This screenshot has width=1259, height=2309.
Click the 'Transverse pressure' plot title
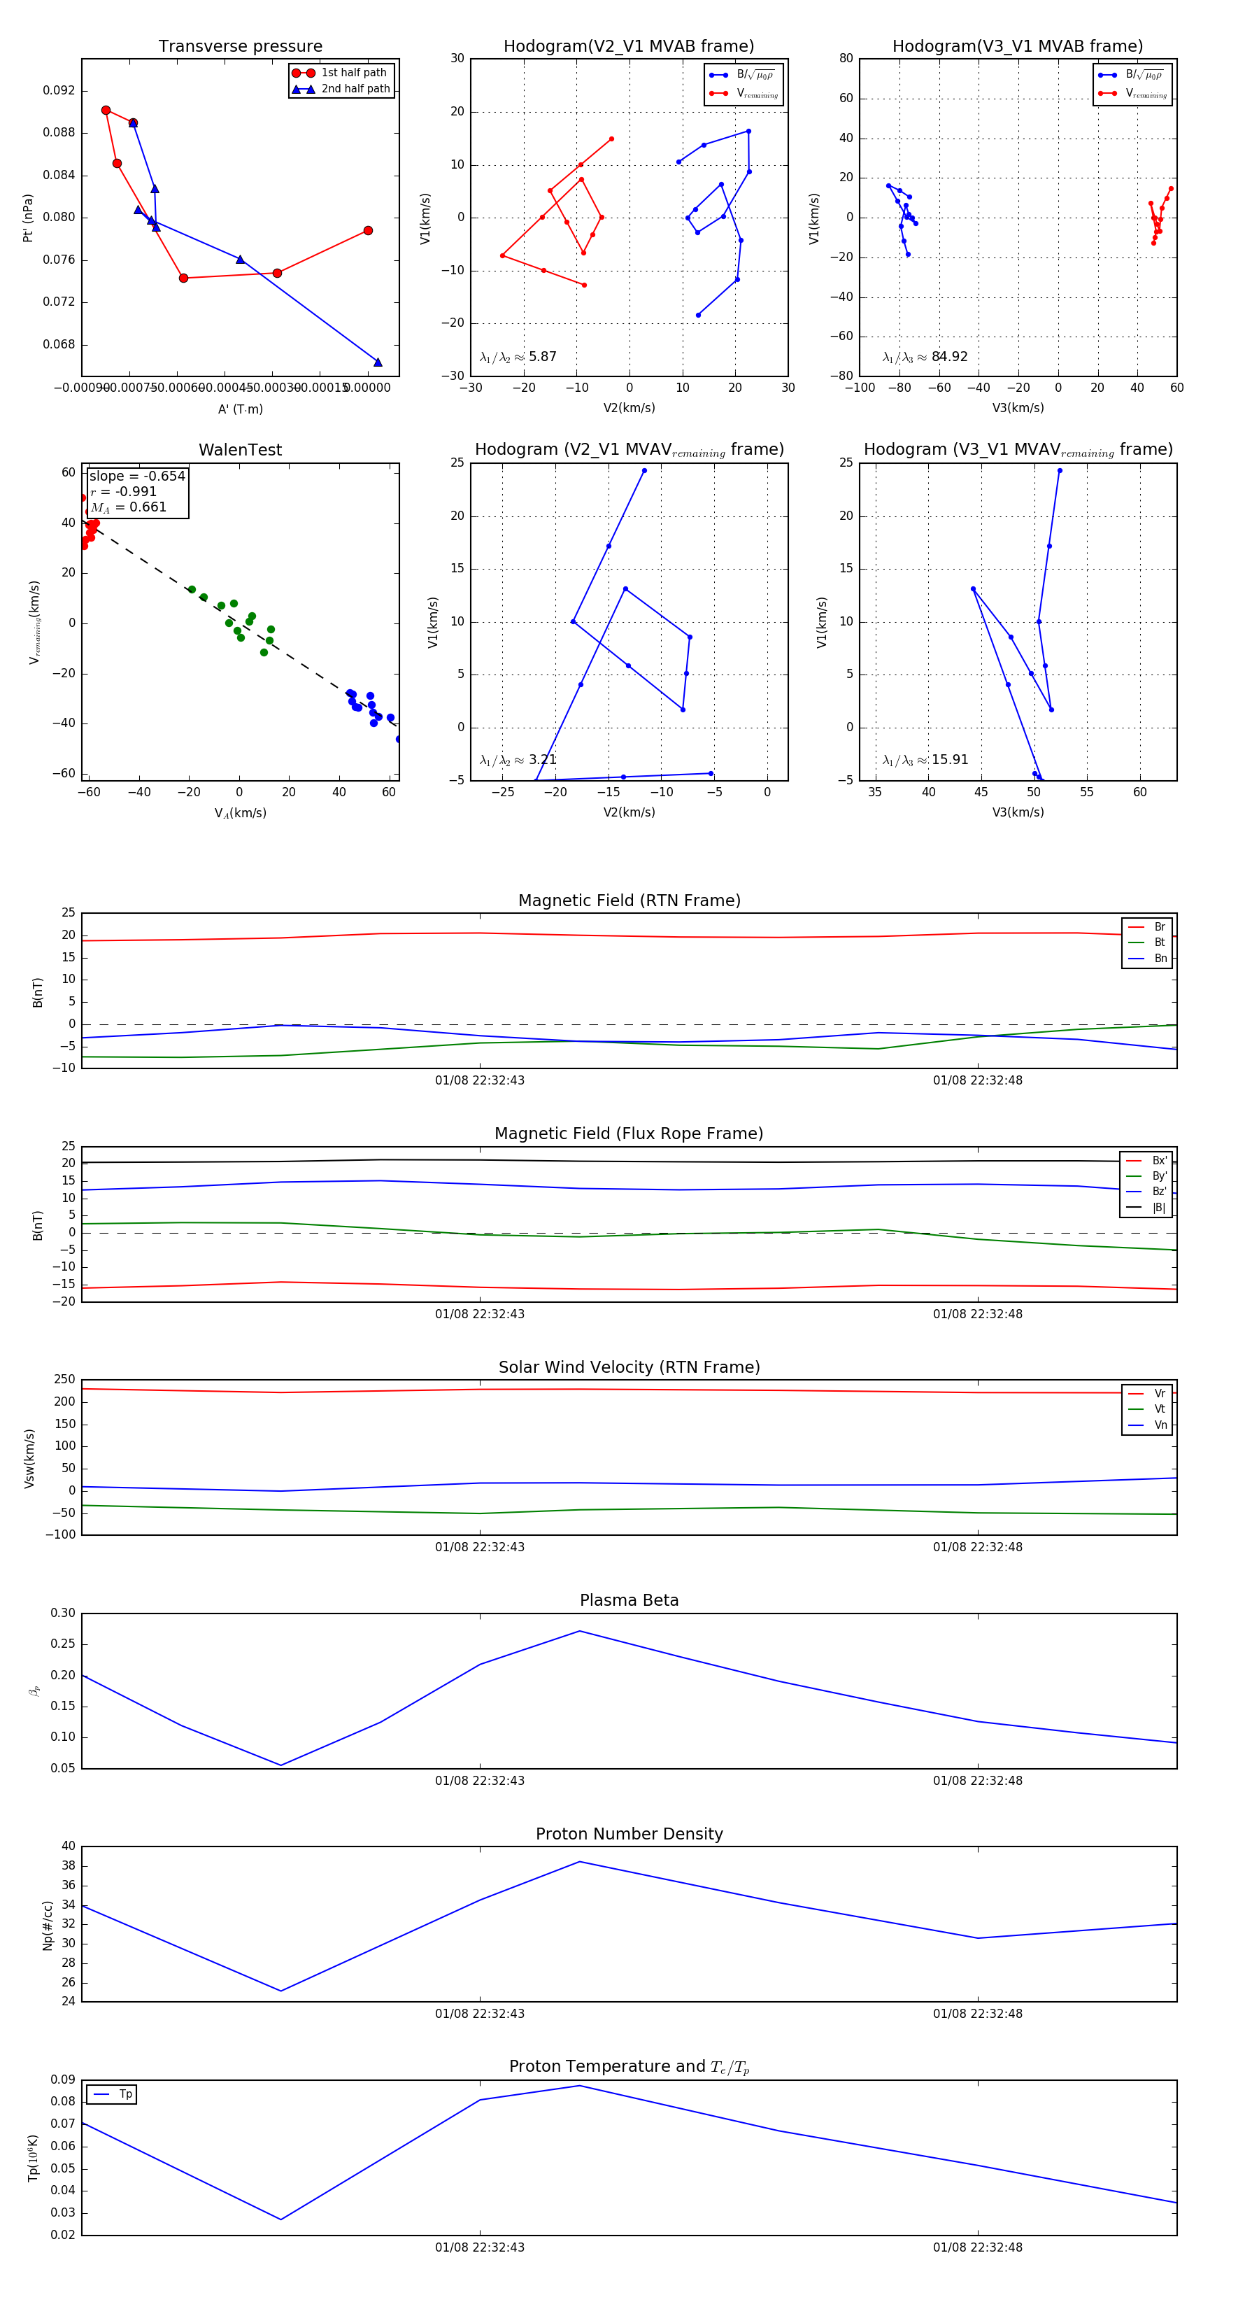point(240,47)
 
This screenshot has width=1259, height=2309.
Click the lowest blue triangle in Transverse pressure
point(377,362)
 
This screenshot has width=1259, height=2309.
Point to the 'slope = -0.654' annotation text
point(137,476)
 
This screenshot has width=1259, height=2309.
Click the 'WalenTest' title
point(240,450)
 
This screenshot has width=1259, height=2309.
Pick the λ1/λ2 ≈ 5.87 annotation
point(518,357)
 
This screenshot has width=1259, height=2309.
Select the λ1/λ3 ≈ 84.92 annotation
point(925,357)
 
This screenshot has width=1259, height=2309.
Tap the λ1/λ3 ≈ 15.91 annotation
point(925,760)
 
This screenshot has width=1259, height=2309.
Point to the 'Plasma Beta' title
point(629,1601)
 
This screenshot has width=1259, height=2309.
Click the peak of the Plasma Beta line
point(580,1632)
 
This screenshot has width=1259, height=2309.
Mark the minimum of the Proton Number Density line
point(281,1991)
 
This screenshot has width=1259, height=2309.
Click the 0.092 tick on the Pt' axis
point(59,90)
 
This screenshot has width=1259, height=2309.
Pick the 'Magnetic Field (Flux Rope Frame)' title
point(629,1134)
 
